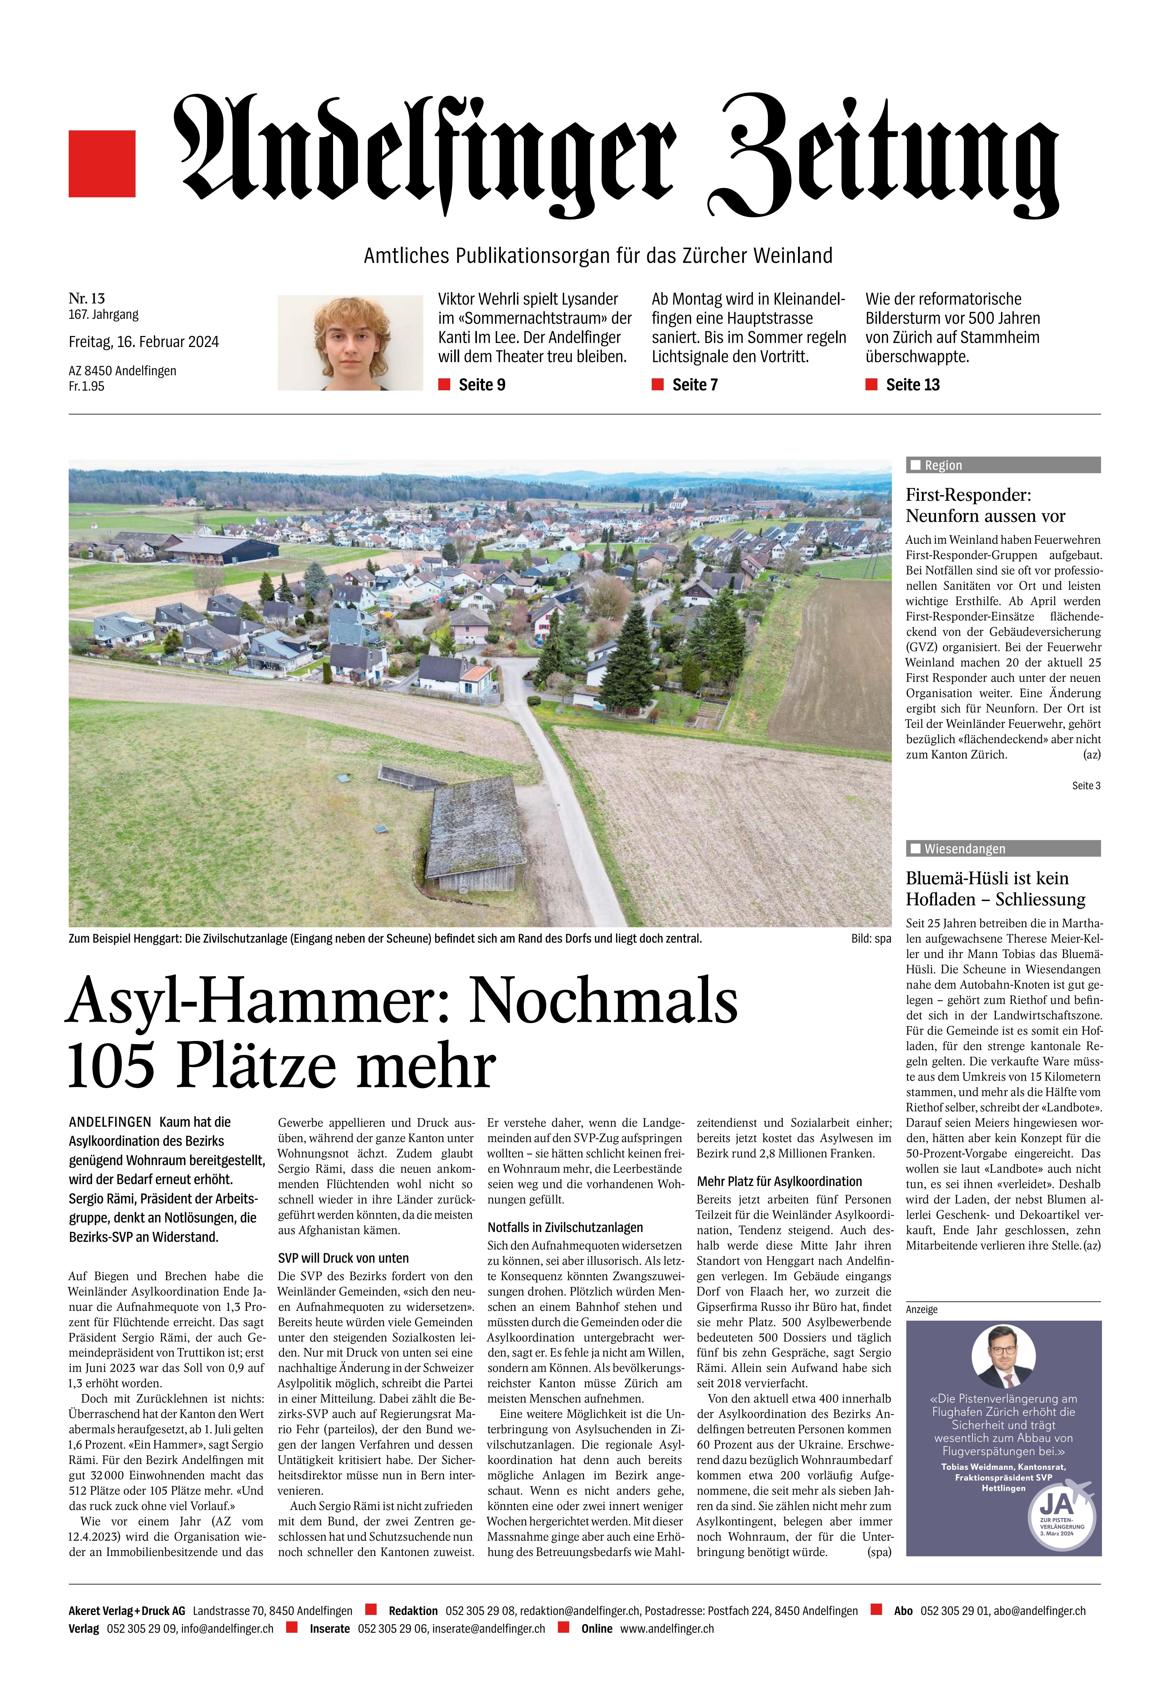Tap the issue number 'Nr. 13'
[x=86, y=298]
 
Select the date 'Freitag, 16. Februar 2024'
[x=144, y=342]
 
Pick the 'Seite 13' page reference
[x=912, y=385]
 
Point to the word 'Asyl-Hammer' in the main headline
[x=260, y=1002]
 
